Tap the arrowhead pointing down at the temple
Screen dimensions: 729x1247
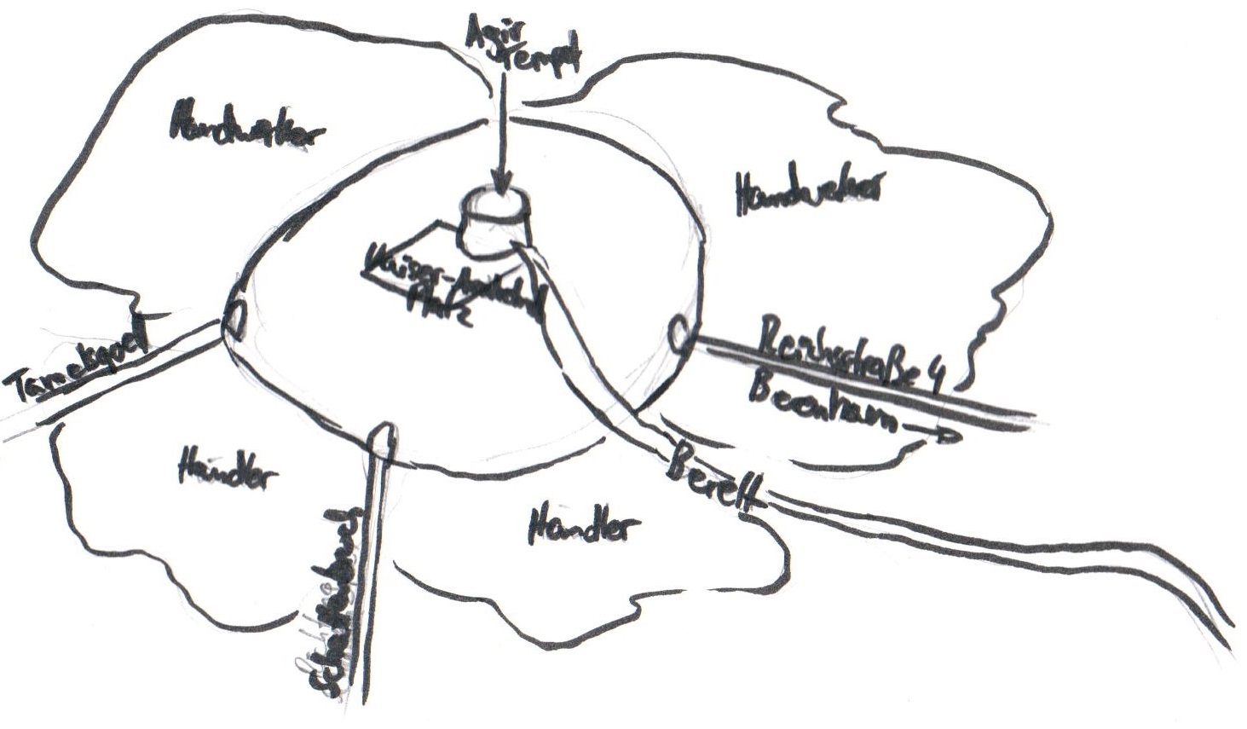(501, 183)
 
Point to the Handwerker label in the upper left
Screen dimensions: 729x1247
(247, 126)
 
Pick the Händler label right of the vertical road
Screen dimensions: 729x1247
(583, 524)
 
